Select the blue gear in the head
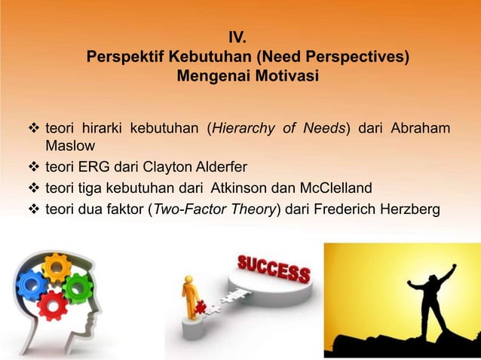pyautogui.click(x=32, y=284)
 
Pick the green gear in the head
pyautogui.click(x=77, y=287)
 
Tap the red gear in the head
pyautogui.click(x=53, y=305)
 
